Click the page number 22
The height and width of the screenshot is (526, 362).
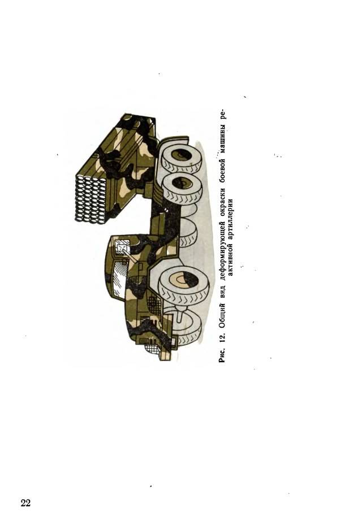point(25,503)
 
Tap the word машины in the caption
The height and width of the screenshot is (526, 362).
point(223,137)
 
